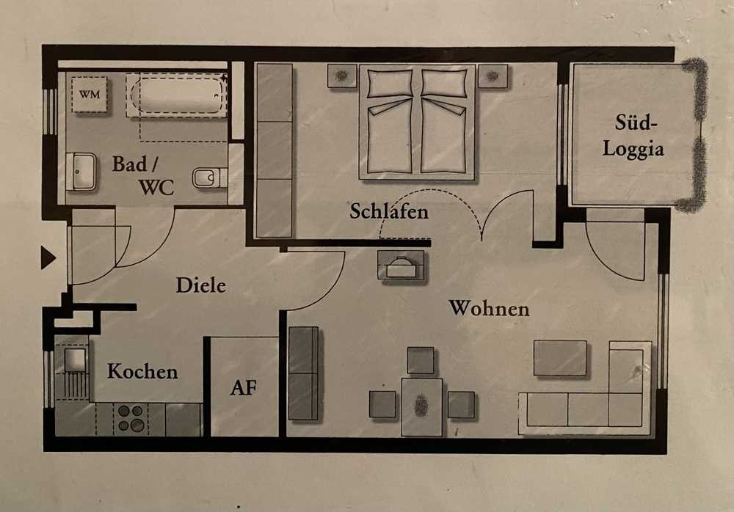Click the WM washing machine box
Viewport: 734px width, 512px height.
(90, 95)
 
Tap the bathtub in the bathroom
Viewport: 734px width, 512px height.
(177, 95)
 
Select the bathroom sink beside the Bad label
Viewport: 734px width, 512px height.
(81, 172)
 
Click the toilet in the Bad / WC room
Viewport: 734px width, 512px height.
(209, 178)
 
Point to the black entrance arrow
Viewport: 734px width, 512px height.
(48, 257)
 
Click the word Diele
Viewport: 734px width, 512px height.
(201, 285)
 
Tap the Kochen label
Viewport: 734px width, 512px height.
(142, 372)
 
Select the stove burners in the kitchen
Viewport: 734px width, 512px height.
(131, 418)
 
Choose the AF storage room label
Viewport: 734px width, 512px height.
(244, 387)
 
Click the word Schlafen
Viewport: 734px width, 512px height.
(389, 211)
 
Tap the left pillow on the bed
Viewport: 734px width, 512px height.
(390, 84)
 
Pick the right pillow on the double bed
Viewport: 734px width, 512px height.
(444, 84)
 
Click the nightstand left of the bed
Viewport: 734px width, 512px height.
(342, 76)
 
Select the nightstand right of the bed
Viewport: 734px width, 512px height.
(493, 76)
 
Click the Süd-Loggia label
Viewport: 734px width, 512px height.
(633, 136)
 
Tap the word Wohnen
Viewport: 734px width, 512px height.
(489, 308)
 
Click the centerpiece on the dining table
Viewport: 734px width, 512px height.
(421, 406)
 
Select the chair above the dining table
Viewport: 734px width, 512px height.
(421, 360)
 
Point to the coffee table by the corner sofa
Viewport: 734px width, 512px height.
(560, 357)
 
